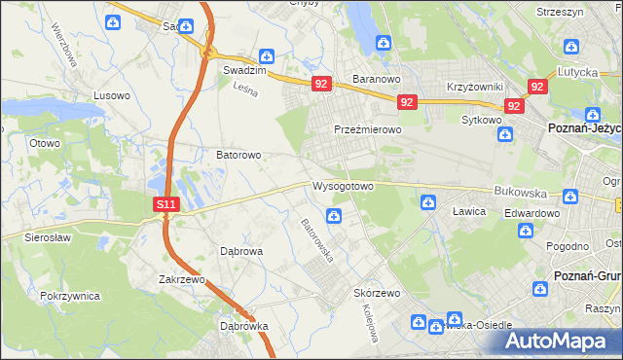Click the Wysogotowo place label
(x=343, y=186)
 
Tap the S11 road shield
(x=167, y=204)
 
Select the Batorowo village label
(x=238, y=155)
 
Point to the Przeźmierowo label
(x=367, y=129)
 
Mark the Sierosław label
(x=36, y=236)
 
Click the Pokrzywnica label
(x=71, y=294)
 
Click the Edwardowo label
(x=531, y=213)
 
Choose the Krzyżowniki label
(x=474, y=87)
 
